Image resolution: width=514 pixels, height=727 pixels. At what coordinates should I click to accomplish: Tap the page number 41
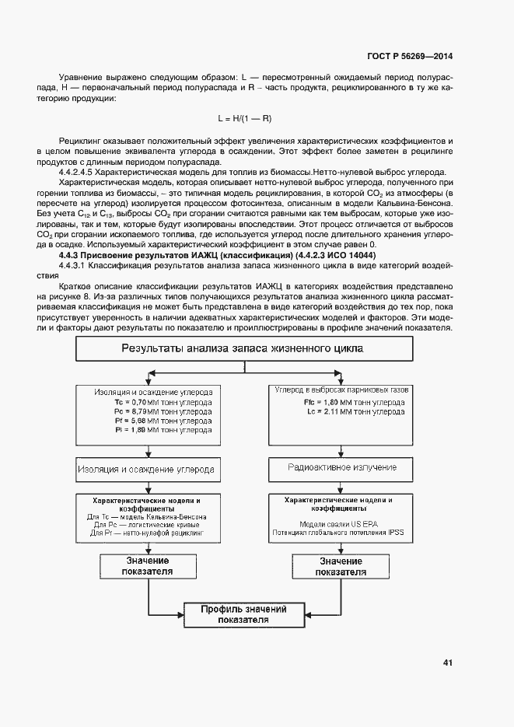(448, 663)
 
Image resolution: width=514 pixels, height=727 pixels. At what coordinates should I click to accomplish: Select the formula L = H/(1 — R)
(244, 117)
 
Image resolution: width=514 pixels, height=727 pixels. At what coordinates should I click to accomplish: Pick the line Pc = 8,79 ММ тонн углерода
(162, 411)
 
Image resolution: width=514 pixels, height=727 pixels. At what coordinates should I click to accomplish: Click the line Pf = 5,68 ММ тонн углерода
(162, 420)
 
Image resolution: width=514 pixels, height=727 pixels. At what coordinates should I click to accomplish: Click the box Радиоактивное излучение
(342, 468)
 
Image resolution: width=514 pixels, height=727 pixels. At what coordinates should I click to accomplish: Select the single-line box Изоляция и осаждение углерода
(145, 470)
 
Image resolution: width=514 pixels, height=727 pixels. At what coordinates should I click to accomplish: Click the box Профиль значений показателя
(244, 614)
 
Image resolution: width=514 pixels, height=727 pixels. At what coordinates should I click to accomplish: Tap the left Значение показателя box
(147, 565)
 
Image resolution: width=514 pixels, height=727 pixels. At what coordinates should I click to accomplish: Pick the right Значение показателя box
(341, 565)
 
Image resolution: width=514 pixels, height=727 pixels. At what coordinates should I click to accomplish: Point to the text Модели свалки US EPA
(341, 525)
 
